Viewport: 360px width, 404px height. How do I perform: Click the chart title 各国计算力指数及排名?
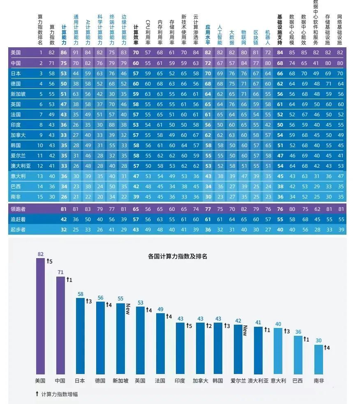(177, 256)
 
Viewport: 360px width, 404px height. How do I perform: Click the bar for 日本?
(80, 335)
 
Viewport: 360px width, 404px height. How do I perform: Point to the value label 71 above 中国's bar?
(60, 272)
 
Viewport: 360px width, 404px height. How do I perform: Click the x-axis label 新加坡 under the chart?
(120, 381)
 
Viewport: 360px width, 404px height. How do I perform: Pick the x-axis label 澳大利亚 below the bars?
(258, 381)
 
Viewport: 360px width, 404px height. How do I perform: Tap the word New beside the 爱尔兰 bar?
(245, 330)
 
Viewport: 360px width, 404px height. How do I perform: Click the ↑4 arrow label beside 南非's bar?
(327, 348)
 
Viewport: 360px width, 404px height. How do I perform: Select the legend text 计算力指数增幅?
(60, 394)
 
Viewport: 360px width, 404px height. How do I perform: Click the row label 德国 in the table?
(16, 83)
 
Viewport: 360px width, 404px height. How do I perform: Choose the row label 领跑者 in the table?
(18, 209)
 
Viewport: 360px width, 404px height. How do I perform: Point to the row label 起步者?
(18, 229)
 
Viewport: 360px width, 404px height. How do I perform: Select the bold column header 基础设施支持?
(279, 30)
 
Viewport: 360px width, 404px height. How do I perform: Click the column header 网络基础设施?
(339, 30)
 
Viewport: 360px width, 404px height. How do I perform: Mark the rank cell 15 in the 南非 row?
(41, 196)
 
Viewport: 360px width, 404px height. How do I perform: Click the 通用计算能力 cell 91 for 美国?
(76, 53)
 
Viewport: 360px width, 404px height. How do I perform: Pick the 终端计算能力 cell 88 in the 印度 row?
(112, 125)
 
